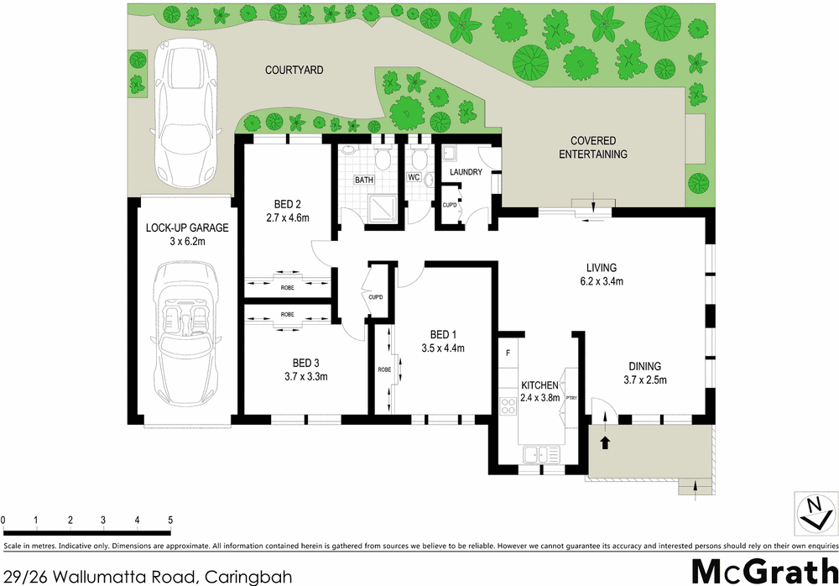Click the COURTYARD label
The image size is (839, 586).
[x=294, y=71]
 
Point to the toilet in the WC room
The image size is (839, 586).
[x=419, y=160]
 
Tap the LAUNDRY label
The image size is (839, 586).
[x=466, y=172]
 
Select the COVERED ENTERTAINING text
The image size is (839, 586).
[x=593, y=148]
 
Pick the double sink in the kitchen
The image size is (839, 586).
[x=541, y=455]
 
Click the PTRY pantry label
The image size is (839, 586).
[x=571, y=399]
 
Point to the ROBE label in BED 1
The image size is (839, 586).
[x=383, y=369]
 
